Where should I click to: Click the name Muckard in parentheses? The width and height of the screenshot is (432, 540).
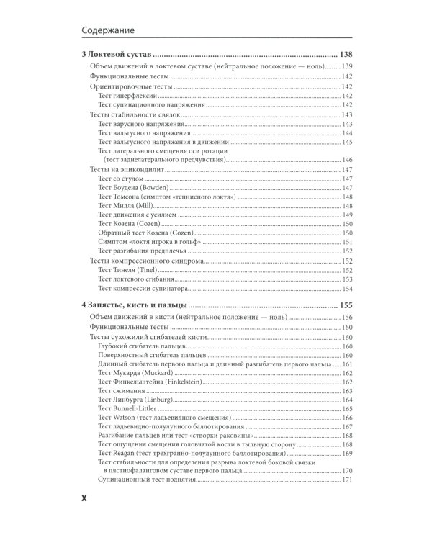[x=161, y=373]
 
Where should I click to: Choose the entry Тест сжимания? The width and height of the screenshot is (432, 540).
[x=120, y=391]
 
